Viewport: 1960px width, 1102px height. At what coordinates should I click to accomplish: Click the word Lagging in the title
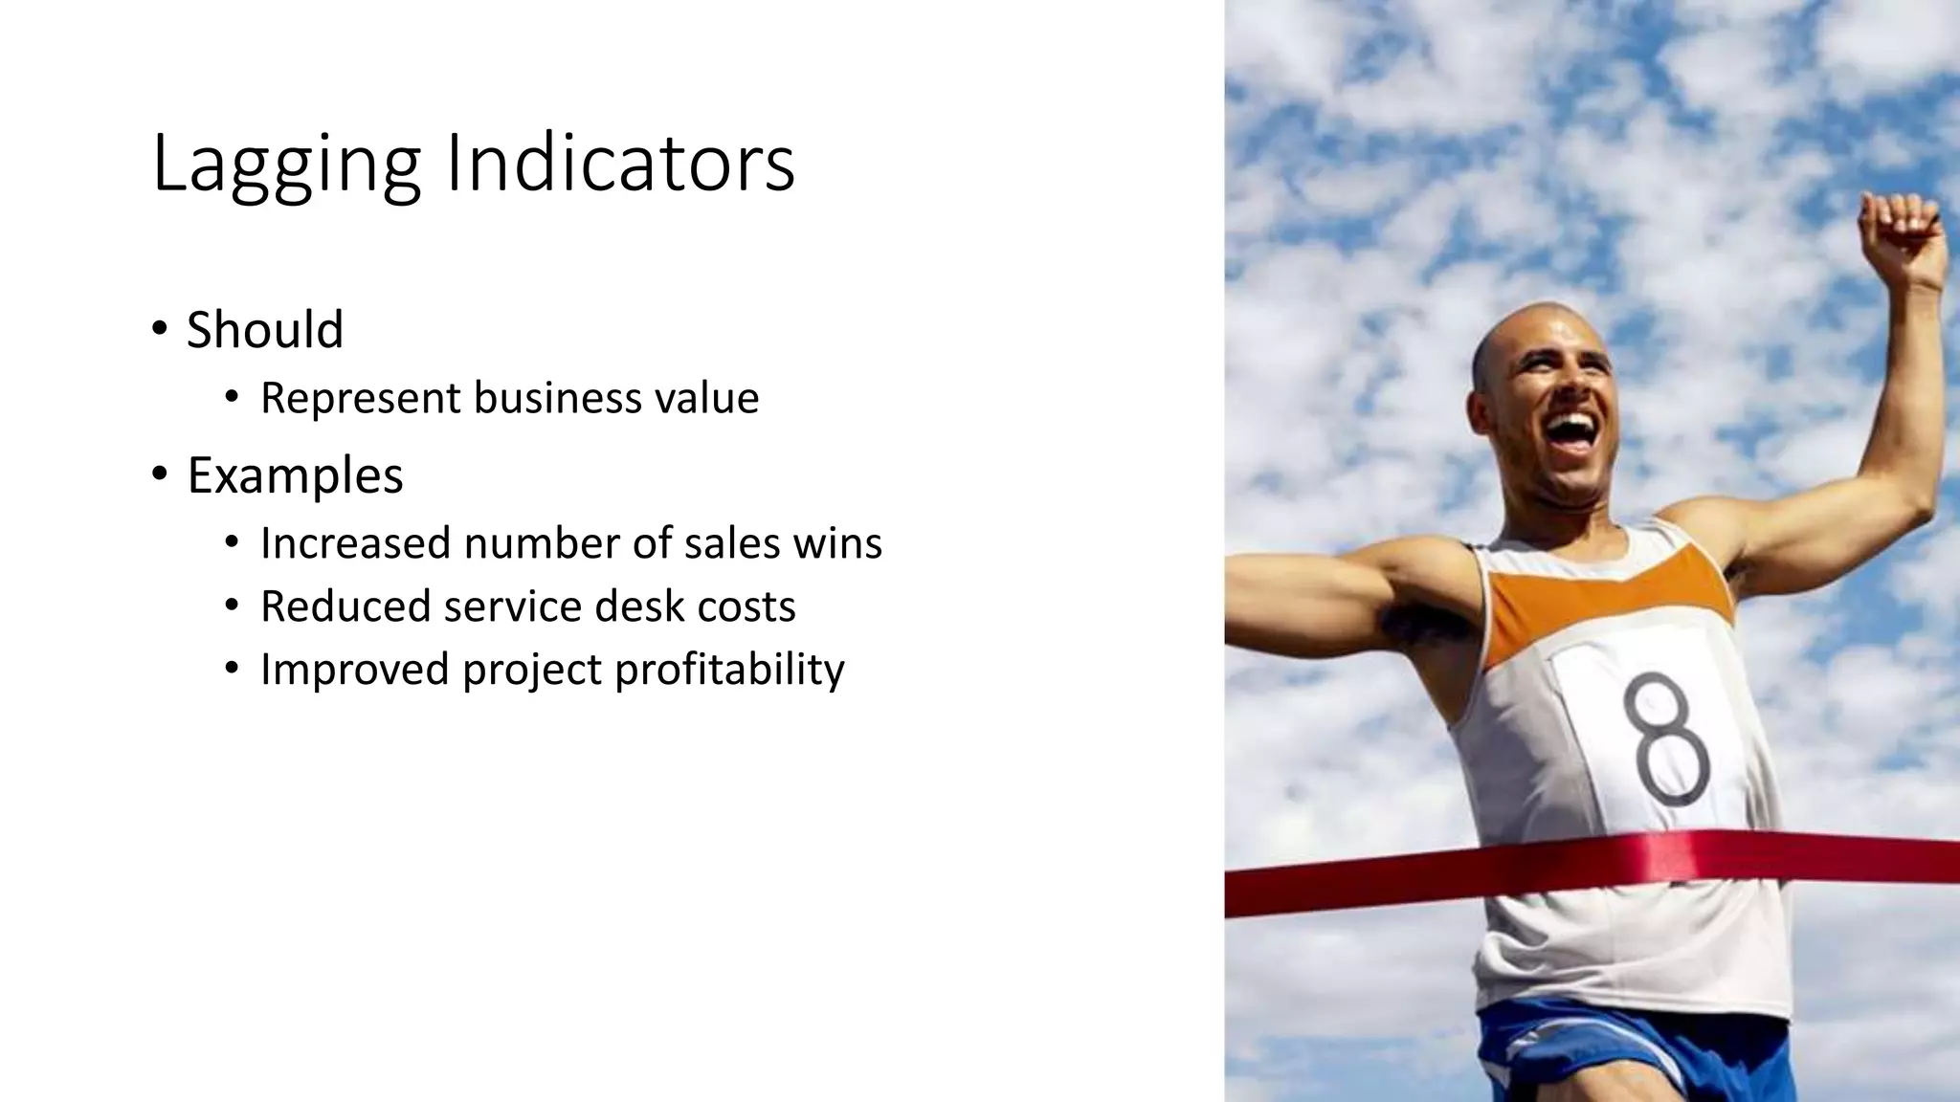(x=285, y=165)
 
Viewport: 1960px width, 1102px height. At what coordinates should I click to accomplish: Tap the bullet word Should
(x=264, y=330)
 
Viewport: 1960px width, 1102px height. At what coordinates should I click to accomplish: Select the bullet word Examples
(x=295, y=475)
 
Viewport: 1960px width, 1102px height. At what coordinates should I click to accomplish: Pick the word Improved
(x=354, y=669)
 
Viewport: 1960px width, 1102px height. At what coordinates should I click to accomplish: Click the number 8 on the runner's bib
(x=1667, y=738)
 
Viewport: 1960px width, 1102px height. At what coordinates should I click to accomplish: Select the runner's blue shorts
(x=1627, y=1052)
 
